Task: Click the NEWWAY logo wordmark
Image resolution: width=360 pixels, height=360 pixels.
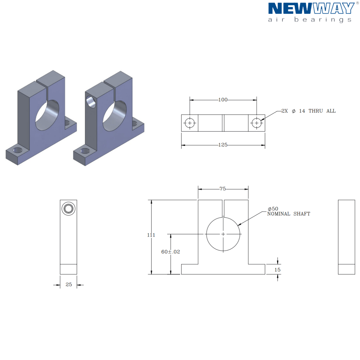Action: (311, 8)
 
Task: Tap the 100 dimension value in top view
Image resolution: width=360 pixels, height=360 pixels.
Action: (223, 100)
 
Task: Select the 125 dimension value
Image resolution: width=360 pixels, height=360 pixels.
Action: (223, 145)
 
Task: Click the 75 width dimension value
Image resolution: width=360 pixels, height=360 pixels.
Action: (223, 189)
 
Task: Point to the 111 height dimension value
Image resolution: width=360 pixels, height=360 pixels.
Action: (151, 235)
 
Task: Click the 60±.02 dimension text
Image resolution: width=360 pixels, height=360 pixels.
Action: (170, 252)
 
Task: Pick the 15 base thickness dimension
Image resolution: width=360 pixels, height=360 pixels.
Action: (277, 270)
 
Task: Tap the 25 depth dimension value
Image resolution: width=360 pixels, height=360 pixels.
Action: (69, 285)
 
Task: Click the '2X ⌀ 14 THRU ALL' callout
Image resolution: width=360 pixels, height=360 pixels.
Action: (308, 111)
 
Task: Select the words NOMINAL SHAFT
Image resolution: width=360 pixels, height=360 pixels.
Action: (289, 214)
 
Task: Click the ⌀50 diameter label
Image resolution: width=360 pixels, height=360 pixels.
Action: (273, 209)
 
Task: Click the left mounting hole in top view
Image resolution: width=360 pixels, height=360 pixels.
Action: (190, 123)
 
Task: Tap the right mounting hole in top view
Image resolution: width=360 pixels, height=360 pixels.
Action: (256, 123)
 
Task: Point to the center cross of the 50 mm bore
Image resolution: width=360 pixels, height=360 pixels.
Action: (223, 234)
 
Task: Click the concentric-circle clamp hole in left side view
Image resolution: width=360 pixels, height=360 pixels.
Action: (68, 208)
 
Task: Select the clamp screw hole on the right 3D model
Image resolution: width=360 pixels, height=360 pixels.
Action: (91, 102)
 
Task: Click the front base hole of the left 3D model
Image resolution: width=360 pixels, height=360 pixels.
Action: (18, 150)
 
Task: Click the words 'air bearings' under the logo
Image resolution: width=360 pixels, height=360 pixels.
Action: (310, 20)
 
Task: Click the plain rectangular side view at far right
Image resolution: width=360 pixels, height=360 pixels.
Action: (346, 237)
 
